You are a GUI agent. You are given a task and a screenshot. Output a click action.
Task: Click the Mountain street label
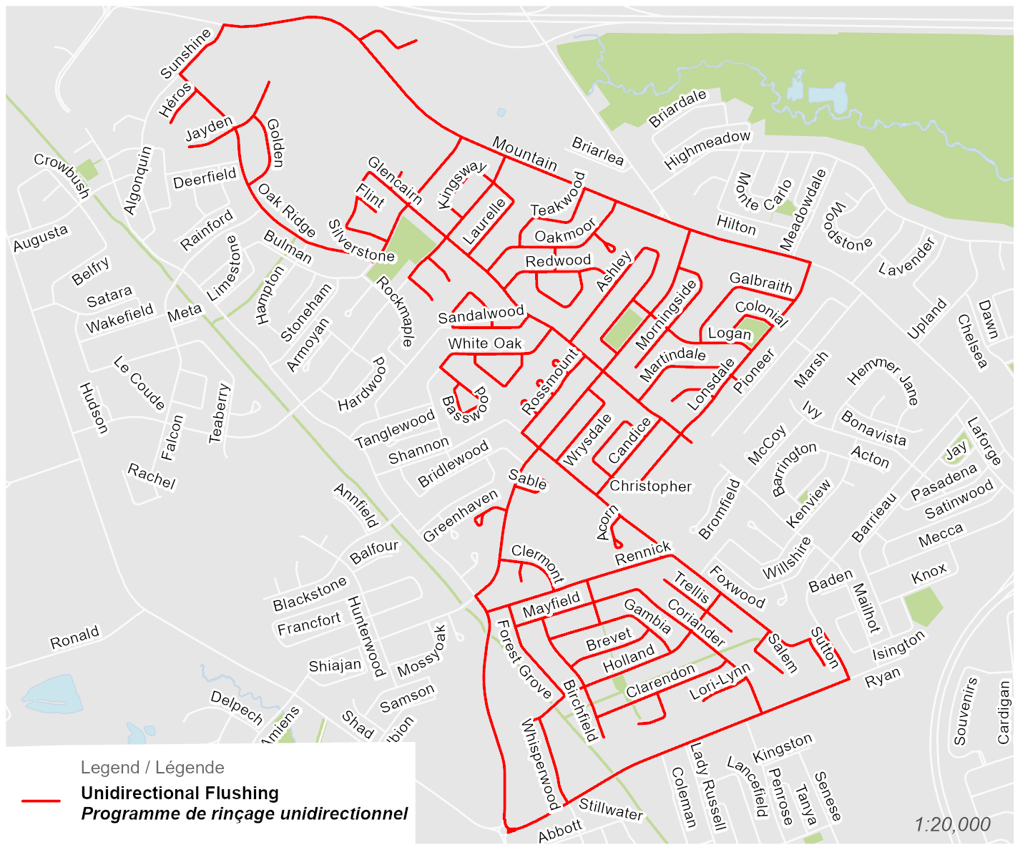[x=524, y=154]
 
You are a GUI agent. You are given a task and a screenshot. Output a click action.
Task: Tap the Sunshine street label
[x=185, y=54]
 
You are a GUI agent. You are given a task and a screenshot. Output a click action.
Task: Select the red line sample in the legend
[x=41, y=801]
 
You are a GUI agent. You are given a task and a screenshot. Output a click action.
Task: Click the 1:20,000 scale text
[x=952, y=824]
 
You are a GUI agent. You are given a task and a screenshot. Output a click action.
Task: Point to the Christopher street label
[x=650, y=487]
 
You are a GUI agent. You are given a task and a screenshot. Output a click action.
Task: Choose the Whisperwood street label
[x=540, y=765]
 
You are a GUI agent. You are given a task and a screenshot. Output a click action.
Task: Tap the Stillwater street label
[x=610, y=809]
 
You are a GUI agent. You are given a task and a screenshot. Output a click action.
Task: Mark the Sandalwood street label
[x=481, y=314]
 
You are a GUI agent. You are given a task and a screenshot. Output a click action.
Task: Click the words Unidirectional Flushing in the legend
[x=180, y=793]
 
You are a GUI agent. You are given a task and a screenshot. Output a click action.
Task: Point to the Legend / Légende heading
[x=152, y=768]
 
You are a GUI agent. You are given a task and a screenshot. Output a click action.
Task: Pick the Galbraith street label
[x=760, y=283]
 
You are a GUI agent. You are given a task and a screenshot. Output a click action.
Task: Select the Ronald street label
[x=74, y=637]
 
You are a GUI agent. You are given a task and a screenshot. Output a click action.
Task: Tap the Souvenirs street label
[x=965, y=711]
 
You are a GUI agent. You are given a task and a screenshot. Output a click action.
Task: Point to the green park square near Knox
[x=923, y=607]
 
